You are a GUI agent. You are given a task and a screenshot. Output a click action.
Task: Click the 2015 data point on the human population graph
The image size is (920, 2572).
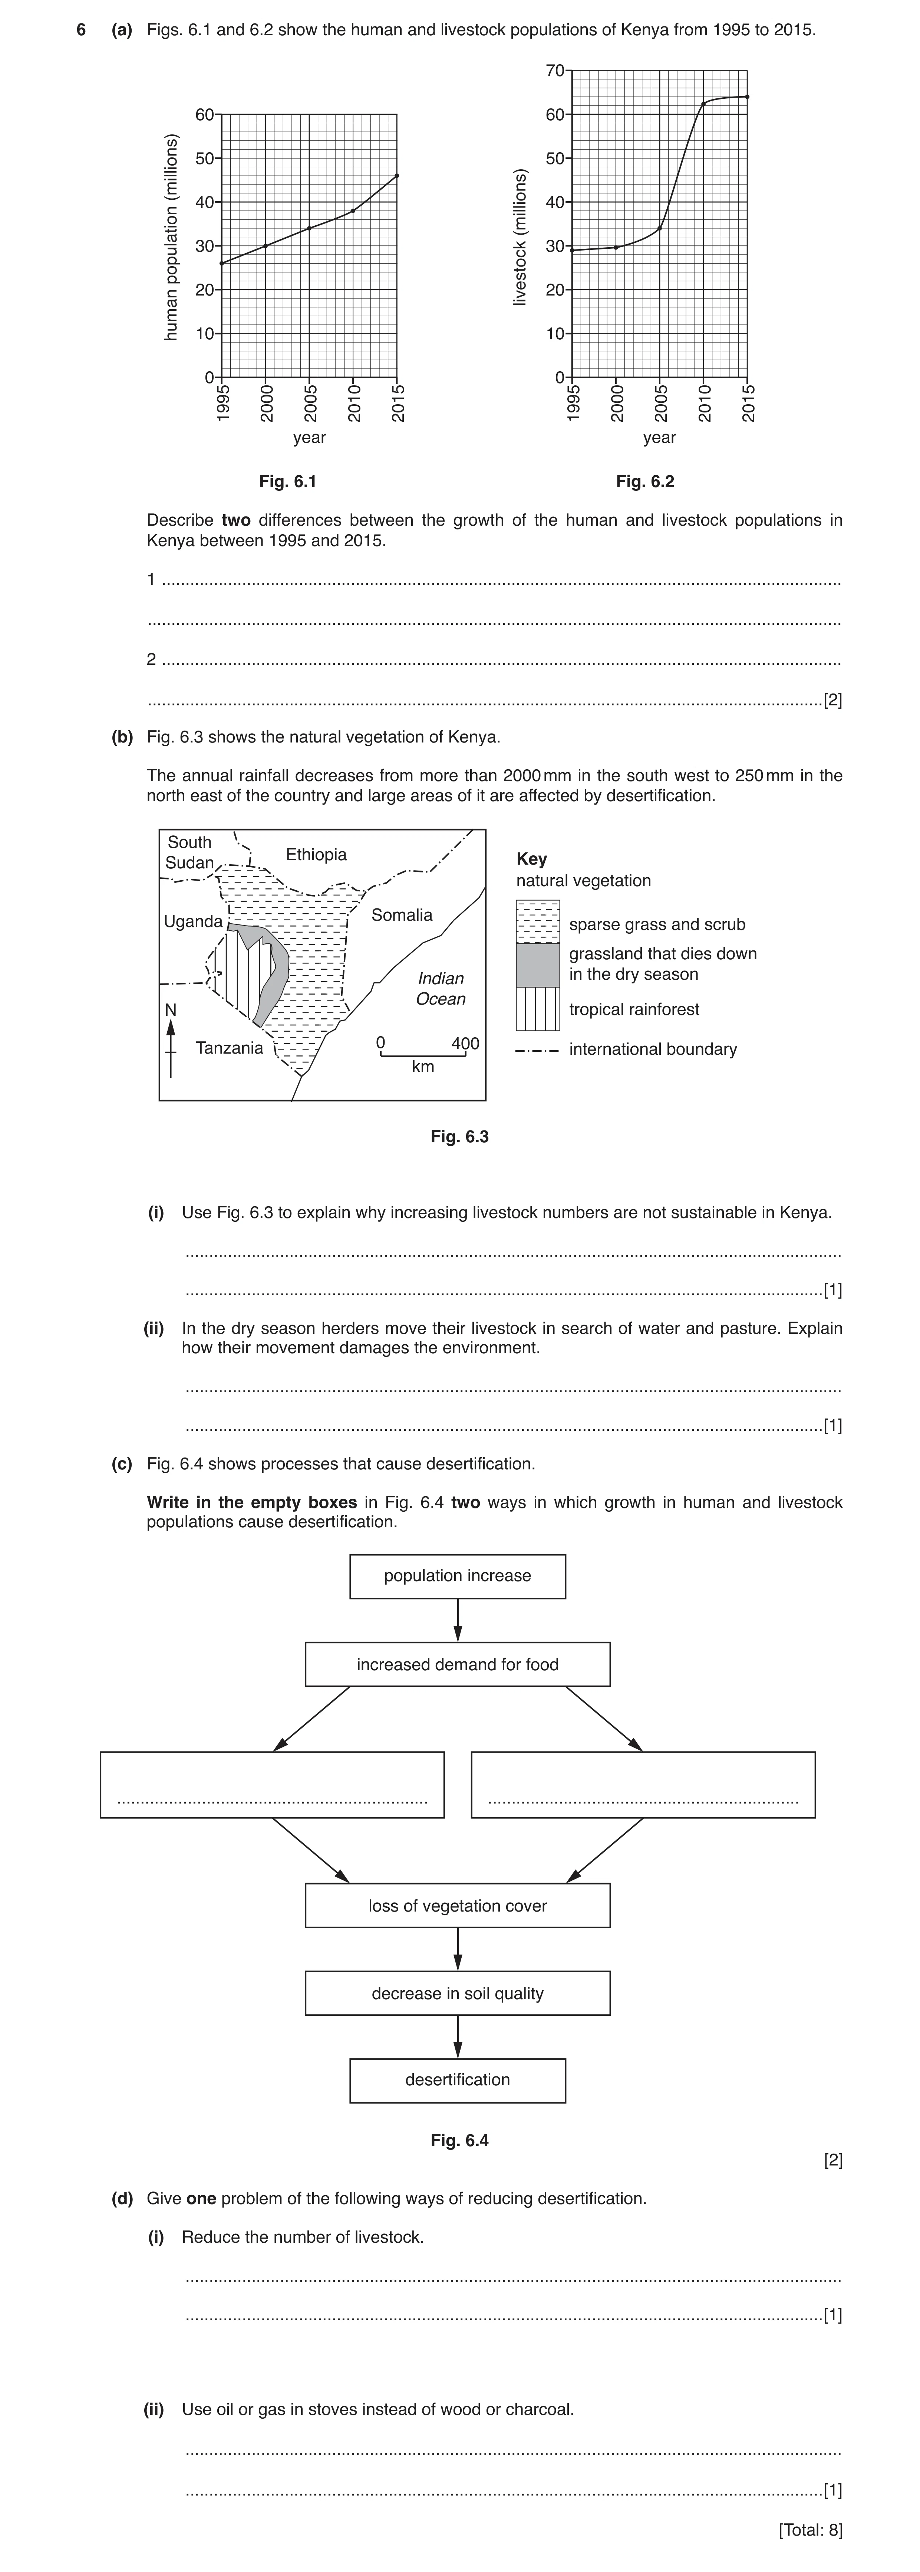(397, 176)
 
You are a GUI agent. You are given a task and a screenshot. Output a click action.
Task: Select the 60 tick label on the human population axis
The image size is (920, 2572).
(205, 114)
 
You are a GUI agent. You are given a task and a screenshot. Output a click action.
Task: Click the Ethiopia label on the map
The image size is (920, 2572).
(316, 855)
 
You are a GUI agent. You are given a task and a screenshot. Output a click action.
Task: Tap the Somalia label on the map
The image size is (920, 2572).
(402, 915)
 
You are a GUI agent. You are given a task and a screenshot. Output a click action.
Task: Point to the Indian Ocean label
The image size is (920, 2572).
(441, 989)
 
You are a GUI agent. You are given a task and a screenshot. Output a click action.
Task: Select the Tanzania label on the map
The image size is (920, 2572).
(230, 1047)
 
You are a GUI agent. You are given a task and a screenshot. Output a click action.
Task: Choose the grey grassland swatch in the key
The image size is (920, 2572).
(538, 964)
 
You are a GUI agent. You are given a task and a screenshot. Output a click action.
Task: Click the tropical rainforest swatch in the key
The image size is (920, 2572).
(538, 1008)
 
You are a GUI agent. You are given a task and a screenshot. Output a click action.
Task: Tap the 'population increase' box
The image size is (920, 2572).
(458, 1576)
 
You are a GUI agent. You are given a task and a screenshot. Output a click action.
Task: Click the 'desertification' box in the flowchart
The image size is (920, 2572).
(458, 2080)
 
